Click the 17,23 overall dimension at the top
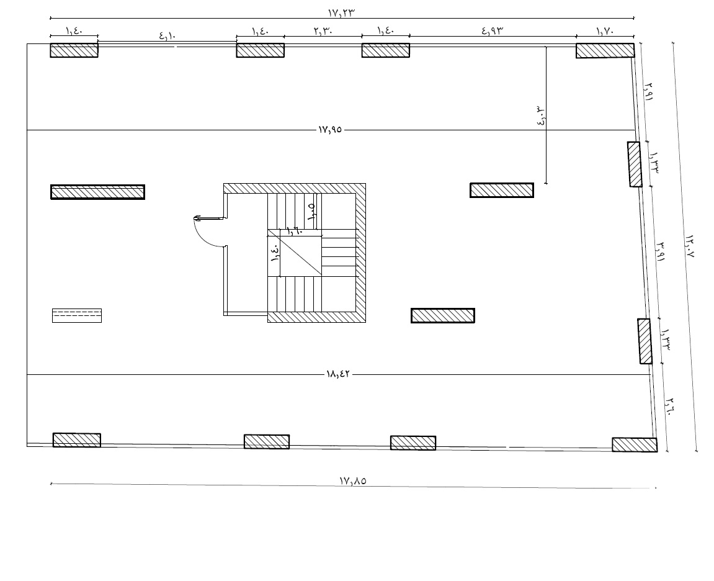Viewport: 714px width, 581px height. click(341, 13)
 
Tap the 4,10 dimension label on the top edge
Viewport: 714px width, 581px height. click(167, 35)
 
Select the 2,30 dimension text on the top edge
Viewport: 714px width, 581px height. click(323, 31)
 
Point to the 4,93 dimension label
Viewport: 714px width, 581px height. click(493, 31)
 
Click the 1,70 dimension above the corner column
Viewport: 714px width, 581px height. click(605, 31)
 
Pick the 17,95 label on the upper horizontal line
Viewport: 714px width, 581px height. click(330, 130)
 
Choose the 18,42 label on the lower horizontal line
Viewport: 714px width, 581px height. click(338, 374)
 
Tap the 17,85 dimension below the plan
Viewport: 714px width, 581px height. click(353, 480)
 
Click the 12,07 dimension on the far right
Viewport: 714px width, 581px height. click(689, 246)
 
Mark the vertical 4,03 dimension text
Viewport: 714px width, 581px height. click(541, 116)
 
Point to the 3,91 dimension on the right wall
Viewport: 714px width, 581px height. click(660, 251)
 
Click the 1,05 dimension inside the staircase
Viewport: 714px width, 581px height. click(311, 212)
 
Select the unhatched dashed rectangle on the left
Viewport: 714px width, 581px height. click(77, 315)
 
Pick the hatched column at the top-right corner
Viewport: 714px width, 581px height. click(605, 50)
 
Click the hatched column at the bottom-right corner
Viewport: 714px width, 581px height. click(635, 444)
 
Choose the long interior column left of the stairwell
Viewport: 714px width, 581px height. click(98, 192)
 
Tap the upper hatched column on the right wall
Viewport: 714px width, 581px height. click(635, 164)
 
